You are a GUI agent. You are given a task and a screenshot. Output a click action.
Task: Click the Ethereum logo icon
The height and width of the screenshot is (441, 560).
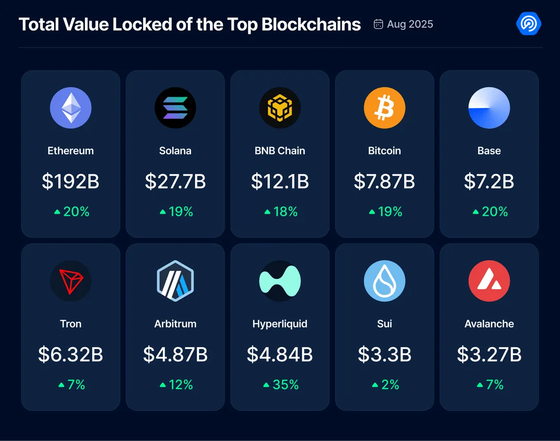point(71,108)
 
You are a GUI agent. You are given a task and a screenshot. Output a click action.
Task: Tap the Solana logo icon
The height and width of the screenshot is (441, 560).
point(175,108)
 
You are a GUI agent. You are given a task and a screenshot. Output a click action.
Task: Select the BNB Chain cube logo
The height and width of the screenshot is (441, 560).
point(279,108)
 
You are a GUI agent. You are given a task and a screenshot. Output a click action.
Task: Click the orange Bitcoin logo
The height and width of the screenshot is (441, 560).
point(384,108)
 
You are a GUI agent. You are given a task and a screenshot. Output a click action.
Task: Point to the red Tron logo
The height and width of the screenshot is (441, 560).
point(71,281)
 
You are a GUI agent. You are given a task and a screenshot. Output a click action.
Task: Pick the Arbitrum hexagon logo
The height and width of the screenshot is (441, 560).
point(175,281)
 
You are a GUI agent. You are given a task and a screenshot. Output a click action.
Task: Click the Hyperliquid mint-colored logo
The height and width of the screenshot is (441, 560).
point(279,281)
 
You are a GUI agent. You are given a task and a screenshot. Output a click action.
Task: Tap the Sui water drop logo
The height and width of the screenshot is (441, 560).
point(384,281)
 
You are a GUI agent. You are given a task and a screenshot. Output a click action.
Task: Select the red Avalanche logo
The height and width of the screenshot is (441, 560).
point(489,281)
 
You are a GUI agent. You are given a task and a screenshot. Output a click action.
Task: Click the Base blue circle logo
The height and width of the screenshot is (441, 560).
point(489,108)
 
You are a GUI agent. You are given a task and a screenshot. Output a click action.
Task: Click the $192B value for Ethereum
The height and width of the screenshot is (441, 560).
point(71,182)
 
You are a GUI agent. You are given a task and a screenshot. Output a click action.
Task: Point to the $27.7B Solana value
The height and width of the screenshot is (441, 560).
point(175,182)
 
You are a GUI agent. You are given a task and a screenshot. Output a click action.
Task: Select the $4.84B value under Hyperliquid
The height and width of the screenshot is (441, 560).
point(279,355)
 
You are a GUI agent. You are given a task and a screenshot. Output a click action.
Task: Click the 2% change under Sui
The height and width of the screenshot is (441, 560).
point(390,384)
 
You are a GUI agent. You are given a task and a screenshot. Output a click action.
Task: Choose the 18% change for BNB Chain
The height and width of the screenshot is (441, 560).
point(285,211)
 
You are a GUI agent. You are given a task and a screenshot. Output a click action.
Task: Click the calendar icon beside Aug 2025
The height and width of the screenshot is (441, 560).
point(378,24)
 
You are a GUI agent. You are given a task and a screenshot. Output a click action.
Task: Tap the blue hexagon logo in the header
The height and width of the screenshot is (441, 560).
point(528,24)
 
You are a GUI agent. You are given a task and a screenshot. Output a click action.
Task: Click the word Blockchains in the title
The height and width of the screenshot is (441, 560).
point(311,24)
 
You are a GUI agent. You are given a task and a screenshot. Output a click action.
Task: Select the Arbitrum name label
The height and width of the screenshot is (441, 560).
point(175,324)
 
